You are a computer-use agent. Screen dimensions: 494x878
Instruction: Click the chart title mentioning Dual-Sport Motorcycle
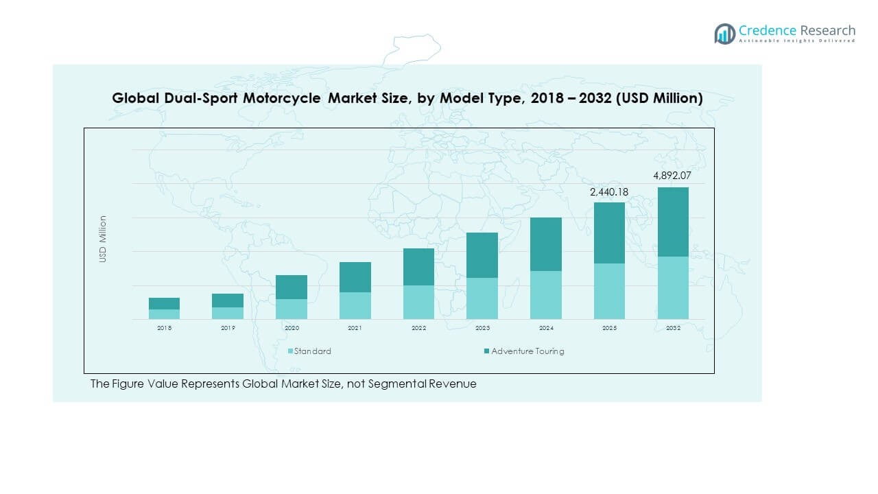pyautogui.click(x=407, y=99)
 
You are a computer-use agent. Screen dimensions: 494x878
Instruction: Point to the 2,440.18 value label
pyautogui.click(x=609, y=192)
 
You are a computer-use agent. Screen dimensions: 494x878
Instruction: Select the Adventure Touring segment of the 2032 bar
pyautogui.click(x=673, y=222)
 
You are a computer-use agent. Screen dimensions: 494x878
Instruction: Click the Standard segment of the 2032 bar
pyautogui.click(x=673, y=287)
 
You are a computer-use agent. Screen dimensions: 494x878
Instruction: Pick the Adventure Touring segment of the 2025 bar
pyautogui.click(x=609, y=233)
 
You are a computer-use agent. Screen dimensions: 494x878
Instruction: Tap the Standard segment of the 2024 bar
pyautogui.click(x=546, y=295)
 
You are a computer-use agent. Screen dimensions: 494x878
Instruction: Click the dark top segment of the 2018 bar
pyautogui.click(x=164, y=303)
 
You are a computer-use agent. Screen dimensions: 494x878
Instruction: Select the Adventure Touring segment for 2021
pyautogui.click(x=355, y=277)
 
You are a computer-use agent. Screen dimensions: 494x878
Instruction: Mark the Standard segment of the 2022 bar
pyautogui.click(x=418, y=302)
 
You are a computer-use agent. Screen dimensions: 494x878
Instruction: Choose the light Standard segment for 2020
pyautogui.click(x=292, y=309)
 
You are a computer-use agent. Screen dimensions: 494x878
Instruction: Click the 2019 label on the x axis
pyautogui.click(x=228, y=329)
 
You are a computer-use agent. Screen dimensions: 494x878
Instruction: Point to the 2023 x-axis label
pyautogui.click(x=482, y=329)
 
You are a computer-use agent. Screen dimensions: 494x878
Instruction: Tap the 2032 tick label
pyautogui.click(x=673, y=329)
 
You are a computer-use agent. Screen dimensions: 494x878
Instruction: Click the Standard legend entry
pyautogui.click(x=309, y=351)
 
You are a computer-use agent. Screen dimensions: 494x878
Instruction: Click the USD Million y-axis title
pyautogui.click(x=103, y=239)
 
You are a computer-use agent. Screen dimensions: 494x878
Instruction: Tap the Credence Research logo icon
pyautogui.click(x=724, y=34)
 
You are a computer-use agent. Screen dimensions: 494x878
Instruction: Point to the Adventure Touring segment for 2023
pyautogui.click(x=482, y=255)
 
